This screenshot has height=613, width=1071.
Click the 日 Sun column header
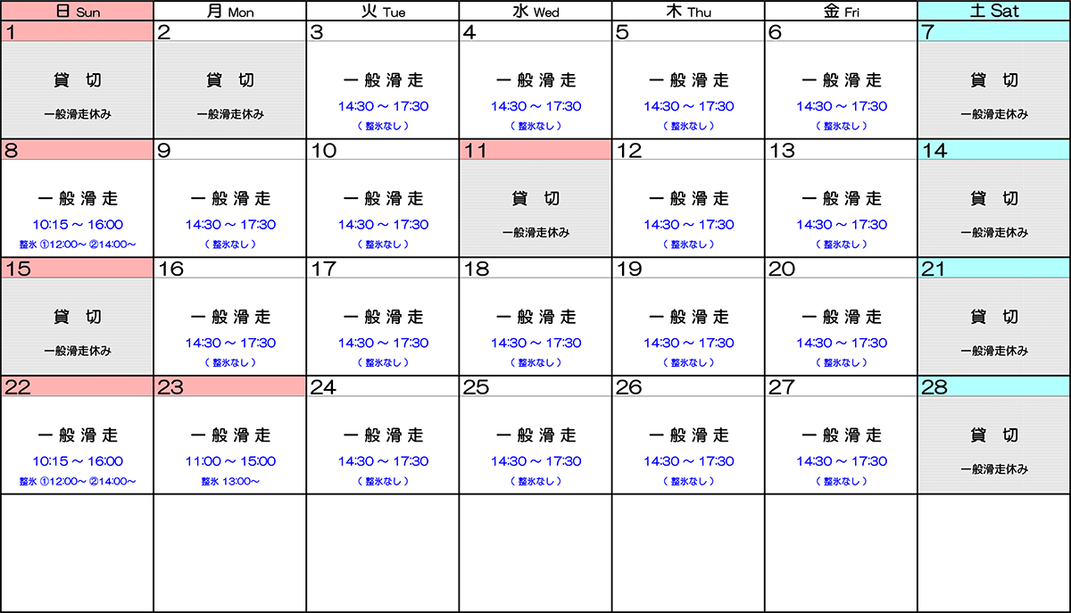point(77,12)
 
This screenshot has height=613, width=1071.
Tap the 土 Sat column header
point(993,12)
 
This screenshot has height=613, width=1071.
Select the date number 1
point(11,32)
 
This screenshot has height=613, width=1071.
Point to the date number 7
point(928,32)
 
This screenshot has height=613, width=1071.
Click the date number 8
point(11,150)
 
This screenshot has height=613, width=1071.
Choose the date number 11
point(476,150)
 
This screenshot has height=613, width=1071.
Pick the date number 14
point(934,150)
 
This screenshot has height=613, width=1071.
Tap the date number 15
point(18,269)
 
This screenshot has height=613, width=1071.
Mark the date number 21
point(934,269)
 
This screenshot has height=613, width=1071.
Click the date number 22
point(19,386)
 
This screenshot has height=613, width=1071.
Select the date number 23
point(171,386)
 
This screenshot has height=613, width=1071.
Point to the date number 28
point(934,386)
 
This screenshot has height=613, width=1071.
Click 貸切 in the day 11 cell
point(535,199)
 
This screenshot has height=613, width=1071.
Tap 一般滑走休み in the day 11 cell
point(535,233)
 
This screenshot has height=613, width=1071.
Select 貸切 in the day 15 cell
point(77,317)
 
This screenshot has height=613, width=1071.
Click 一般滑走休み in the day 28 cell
point(994,469)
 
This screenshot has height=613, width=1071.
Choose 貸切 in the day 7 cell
point(994,80)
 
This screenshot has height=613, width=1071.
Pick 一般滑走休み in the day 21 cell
point(994,352)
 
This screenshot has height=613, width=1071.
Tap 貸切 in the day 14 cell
point(994,199)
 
